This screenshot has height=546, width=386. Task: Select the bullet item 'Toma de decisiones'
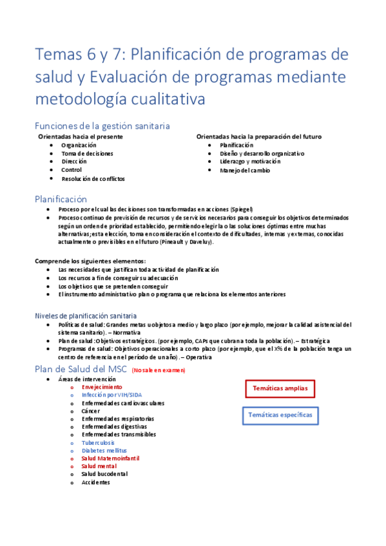[87, 154]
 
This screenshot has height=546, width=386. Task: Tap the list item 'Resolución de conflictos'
[93, 179]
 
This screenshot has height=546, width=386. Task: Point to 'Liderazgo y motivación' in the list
[250, 162]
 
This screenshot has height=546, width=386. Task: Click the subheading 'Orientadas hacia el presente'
[81, 137]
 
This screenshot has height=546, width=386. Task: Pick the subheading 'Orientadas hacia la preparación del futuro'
[259, 137]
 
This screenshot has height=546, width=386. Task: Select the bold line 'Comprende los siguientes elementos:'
[91, 260]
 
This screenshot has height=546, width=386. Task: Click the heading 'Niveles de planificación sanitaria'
[86, 315]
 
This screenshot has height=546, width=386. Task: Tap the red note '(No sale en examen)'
[158, 371]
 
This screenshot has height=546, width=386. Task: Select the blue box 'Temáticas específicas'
[280, 415]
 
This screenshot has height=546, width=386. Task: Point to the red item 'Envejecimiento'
[102, 388]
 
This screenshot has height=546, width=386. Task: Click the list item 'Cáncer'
[91, 411]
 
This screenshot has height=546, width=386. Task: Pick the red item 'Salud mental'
[99, 466]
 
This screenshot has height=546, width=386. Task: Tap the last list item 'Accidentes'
[96, 482]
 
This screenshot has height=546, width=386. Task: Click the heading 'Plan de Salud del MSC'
[81, 369]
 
